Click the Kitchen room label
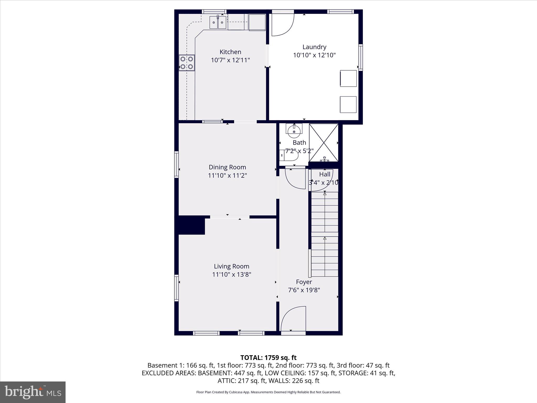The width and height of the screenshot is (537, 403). (x=230, y=52)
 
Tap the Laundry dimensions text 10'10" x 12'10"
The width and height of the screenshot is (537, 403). (x=314, y=55)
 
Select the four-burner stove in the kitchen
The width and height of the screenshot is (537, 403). (x=187, y=63)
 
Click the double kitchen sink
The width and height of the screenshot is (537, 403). (x=218, y=22)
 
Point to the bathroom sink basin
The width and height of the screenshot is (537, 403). (x=294, y=130)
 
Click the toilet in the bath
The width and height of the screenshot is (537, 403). (x=289, y=155)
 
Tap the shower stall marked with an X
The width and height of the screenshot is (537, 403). (x=324, y=142)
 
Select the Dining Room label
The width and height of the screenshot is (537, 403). (x=227, y=167)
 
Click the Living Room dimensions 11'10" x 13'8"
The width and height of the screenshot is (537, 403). (x=232, y=274)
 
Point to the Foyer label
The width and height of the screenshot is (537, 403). (x=304, y=282)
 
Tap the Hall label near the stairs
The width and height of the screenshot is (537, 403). (x=325, y=174)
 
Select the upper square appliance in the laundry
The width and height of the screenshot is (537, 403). (x=348, y=78)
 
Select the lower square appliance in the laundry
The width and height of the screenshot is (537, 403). (x=348, y=104)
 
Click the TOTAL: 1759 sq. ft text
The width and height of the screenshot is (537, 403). (x=268, y=358)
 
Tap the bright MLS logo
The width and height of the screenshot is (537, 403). (x=33, y=392)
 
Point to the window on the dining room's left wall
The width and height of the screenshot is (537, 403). (x=176, y=165)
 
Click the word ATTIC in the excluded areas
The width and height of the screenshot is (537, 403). (x=226, y=381)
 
